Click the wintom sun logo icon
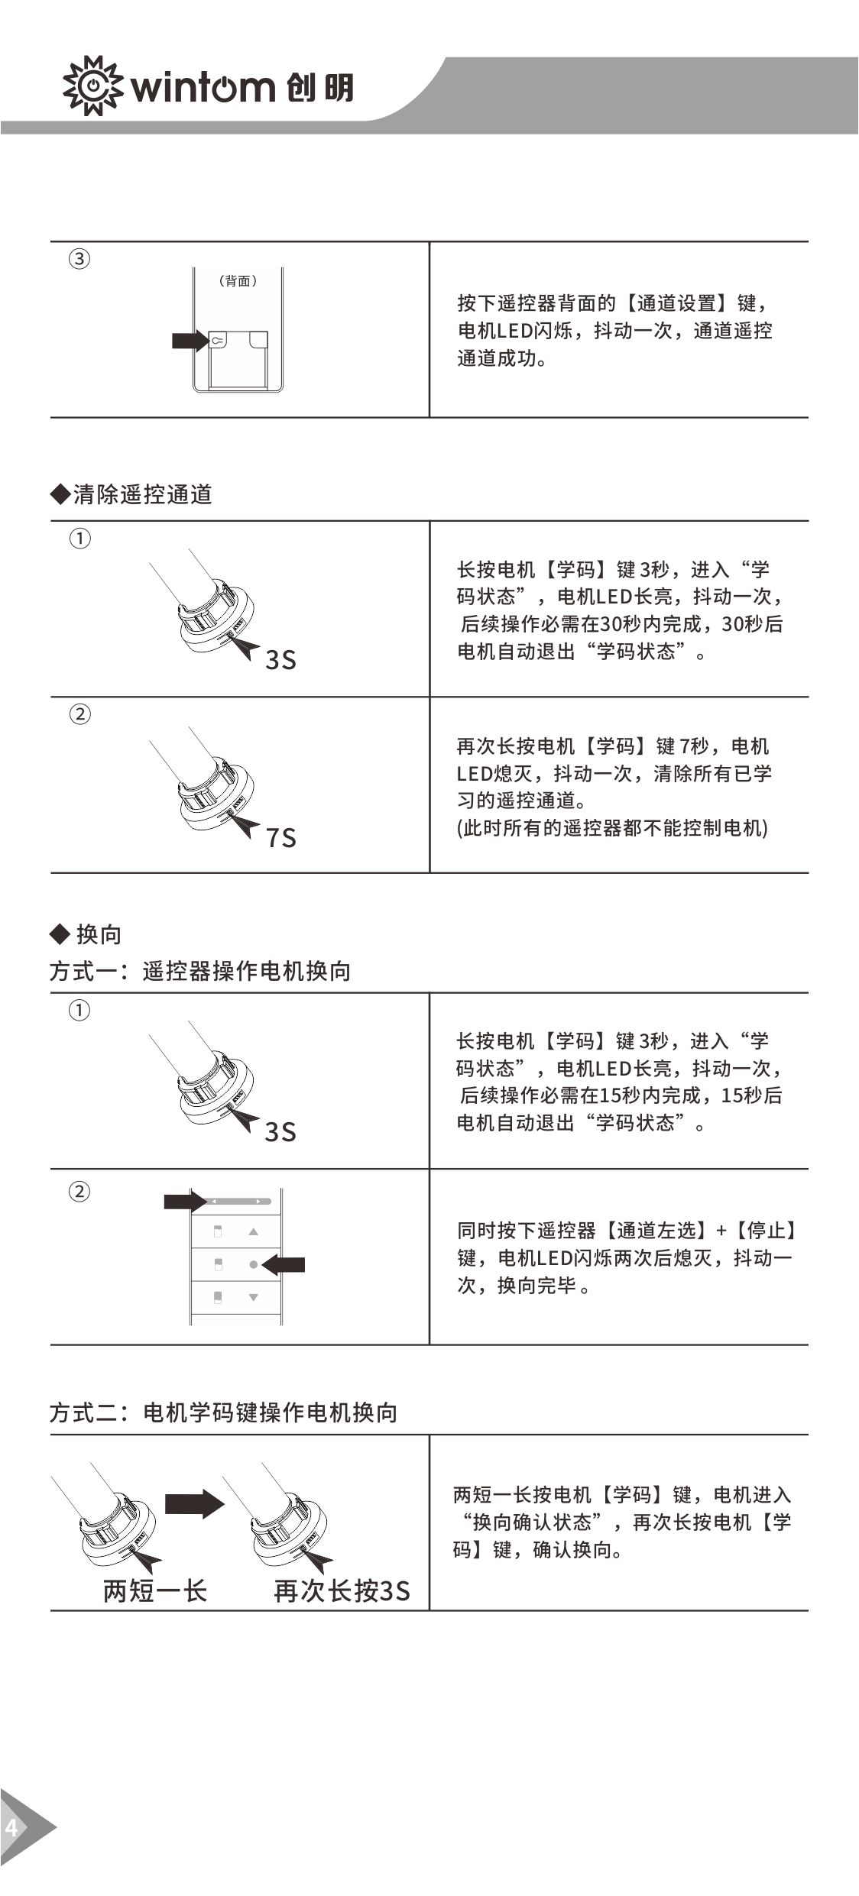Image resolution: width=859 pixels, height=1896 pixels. point(92,86)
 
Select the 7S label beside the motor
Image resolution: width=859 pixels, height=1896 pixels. point(281,838)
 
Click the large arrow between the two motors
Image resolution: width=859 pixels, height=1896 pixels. point(195,1504)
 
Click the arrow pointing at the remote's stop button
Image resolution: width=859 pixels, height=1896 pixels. point(284,1265)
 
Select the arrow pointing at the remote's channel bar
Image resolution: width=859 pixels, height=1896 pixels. point(183,1202)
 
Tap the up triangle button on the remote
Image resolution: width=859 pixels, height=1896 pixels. point(254,1232)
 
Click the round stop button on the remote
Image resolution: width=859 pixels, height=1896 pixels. point(254,1265)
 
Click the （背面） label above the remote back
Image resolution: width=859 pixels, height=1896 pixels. point(238,281)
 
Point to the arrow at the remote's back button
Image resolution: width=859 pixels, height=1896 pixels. point(189,341)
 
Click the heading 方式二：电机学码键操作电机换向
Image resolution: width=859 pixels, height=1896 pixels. point(224,1412)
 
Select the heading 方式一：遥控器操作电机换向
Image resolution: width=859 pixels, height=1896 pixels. point(200,971)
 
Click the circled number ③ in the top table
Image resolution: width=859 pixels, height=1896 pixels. point(79,259)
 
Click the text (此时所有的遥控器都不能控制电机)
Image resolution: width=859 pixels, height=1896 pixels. point(612,828)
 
